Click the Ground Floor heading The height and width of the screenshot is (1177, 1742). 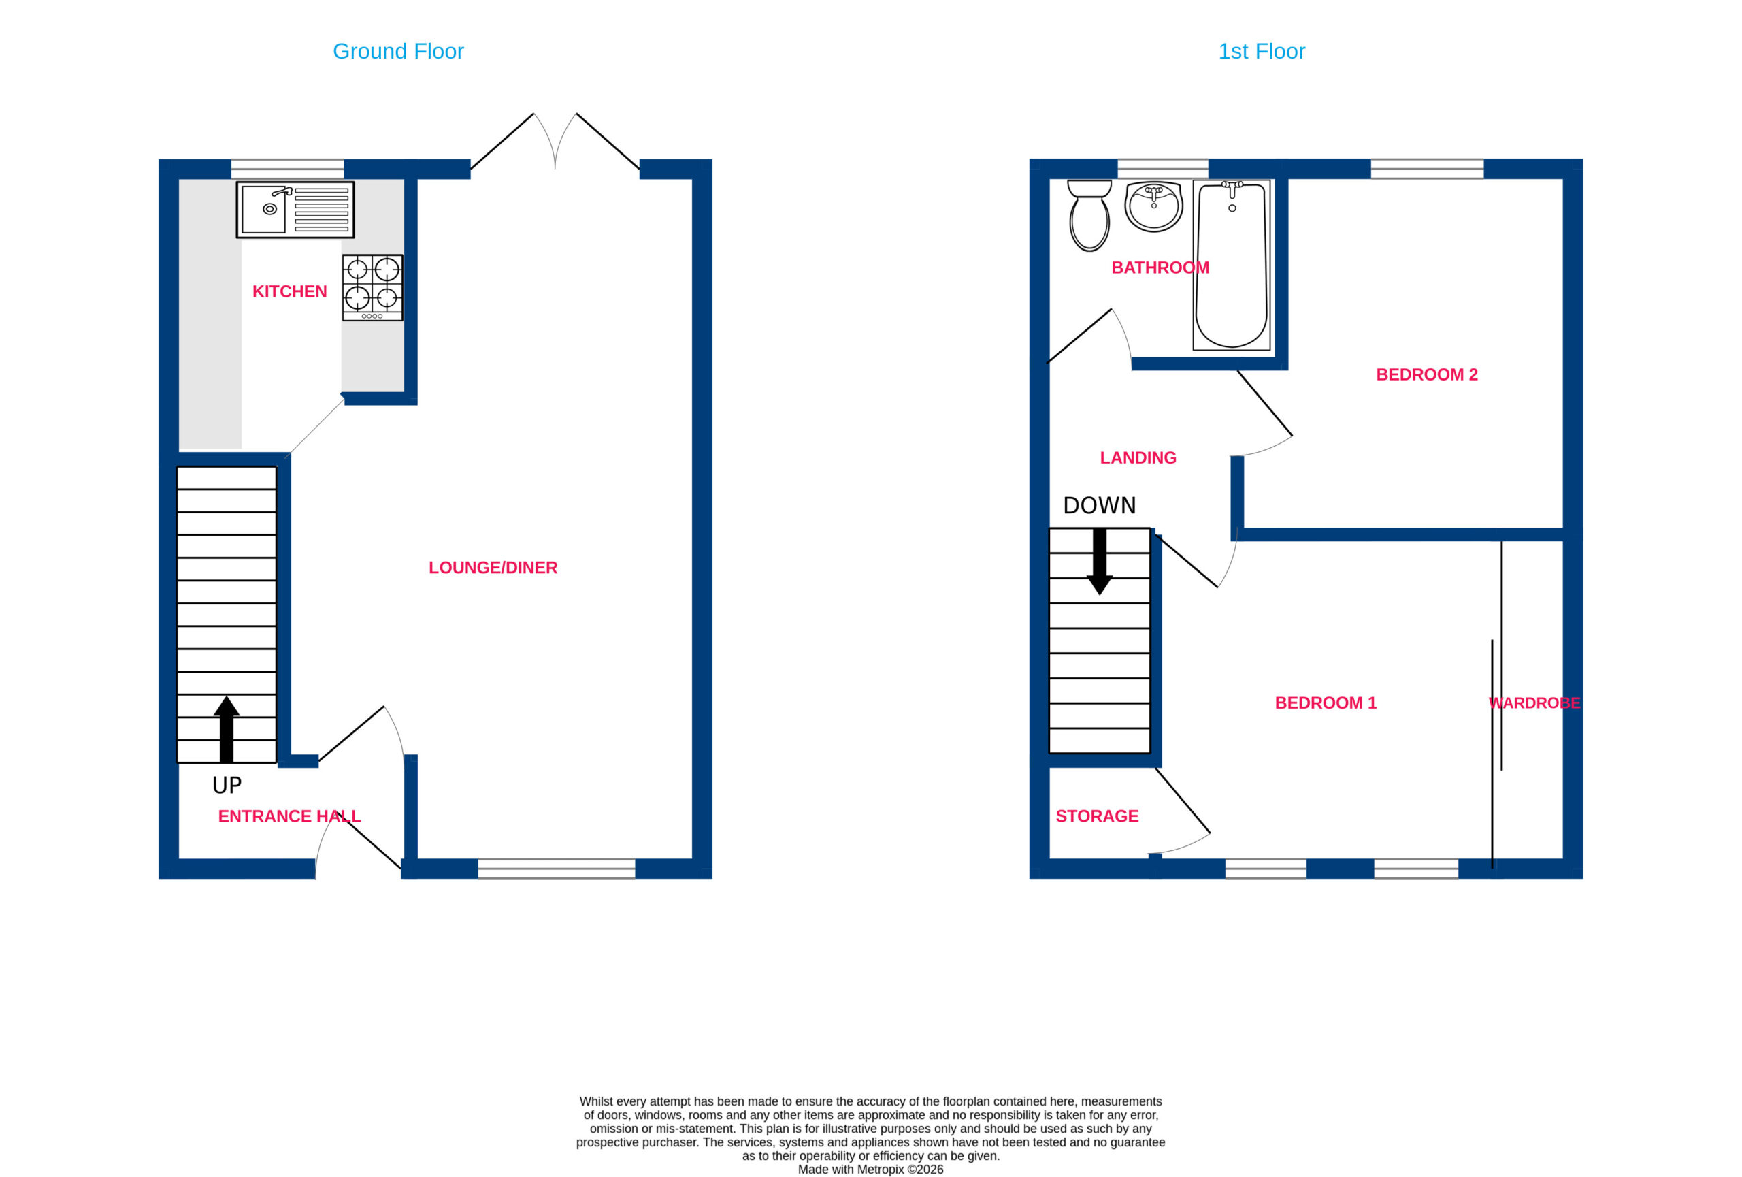click(398, 51)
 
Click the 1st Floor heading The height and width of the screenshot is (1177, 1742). click(1262, 51)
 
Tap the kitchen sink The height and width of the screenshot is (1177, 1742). click(295, 210)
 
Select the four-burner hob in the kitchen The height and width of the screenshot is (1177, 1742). click(372, 288)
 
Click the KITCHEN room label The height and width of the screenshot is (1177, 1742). click(289, 291)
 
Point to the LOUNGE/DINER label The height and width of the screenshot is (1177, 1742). click(493, 568)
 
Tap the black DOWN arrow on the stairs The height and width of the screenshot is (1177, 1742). click(1100, 562)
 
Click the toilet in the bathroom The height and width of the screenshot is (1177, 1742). click(1089, 215)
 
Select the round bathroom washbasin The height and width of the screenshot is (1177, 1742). click(1153, 206)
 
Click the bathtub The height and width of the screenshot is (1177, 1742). click(1232, 265)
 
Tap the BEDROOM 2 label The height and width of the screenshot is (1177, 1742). click(1426, 375)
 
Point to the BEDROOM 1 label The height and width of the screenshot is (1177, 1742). click(1326, 703)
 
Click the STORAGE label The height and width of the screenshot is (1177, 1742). click(1097, 816)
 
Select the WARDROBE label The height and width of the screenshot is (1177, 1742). click(1534, 703)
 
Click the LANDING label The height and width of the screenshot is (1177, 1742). click(1138, 458)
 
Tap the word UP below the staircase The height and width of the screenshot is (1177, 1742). click(227, 785)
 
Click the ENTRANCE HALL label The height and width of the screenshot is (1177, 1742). click(289, 816)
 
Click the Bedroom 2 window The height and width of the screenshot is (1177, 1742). click(1427, 169)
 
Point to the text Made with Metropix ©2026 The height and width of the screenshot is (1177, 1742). click(870, 1170)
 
